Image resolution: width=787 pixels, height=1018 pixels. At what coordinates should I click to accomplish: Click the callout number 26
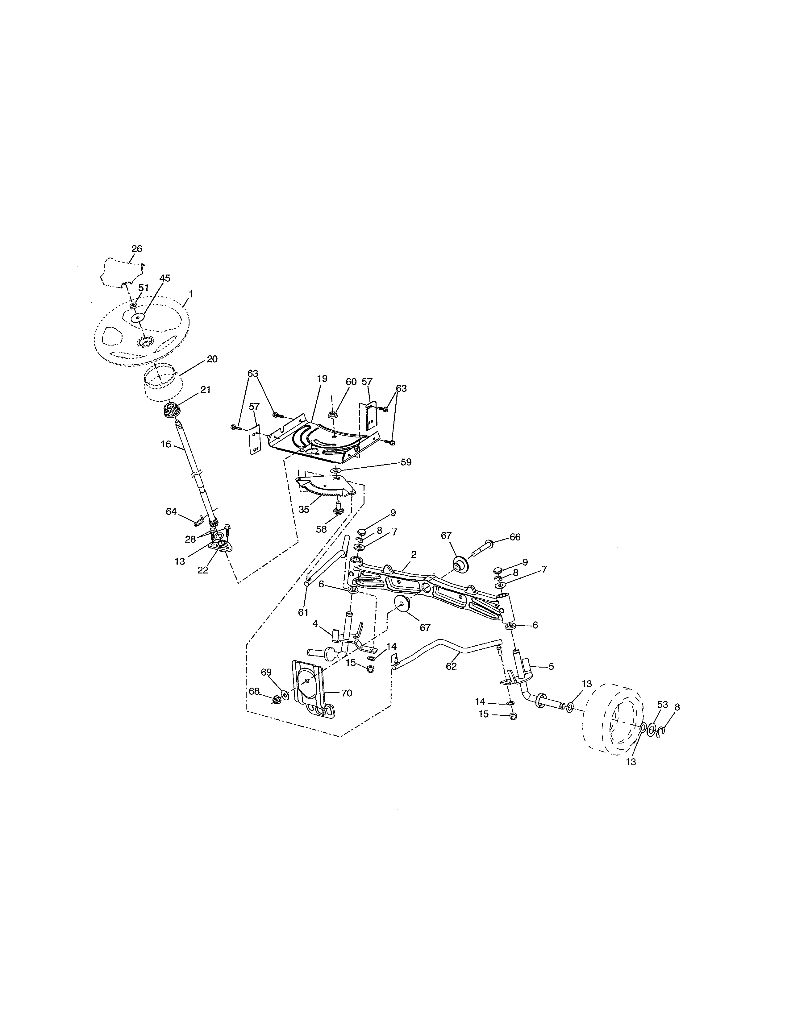pos(137,249)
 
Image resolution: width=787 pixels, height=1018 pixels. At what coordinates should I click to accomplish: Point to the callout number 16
pos(166,444)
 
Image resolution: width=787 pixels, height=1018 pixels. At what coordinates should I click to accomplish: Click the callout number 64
pos(171,511)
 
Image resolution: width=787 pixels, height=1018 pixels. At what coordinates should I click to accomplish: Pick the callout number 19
pos(322,379)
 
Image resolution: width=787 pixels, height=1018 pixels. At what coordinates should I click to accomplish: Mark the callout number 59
pos(406,462)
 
